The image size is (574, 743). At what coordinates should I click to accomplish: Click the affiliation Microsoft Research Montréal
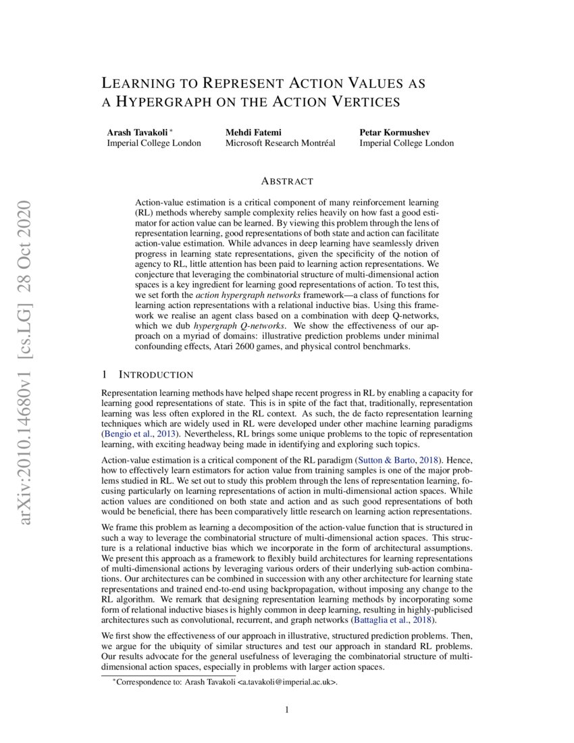pos(280,143)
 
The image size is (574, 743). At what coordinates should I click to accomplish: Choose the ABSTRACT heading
pos(287,181)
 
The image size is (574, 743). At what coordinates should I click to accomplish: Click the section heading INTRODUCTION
pos(156,375)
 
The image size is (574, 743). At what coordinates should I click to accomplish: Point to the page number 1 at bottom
pos(287,710)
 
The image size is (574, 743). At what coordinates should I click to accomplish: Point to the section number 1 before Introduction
pos(104,375)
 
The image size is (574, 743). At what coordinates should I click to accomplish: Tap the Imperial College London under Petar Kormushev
pos(407,143)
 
